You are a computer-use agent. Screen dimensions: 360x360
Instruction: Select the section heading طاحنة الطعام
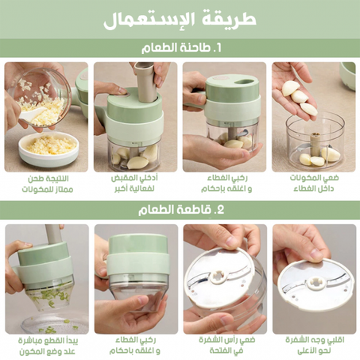pyautogui.click(x=180, y=48)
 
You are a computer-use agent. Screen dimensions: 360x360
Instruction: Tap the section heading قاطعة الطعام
pyautogui.click(x=180, y=210)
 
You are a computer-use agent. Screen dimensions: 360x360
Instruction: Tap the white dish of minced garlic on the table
pyautogui.click(x=48, y=146)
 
